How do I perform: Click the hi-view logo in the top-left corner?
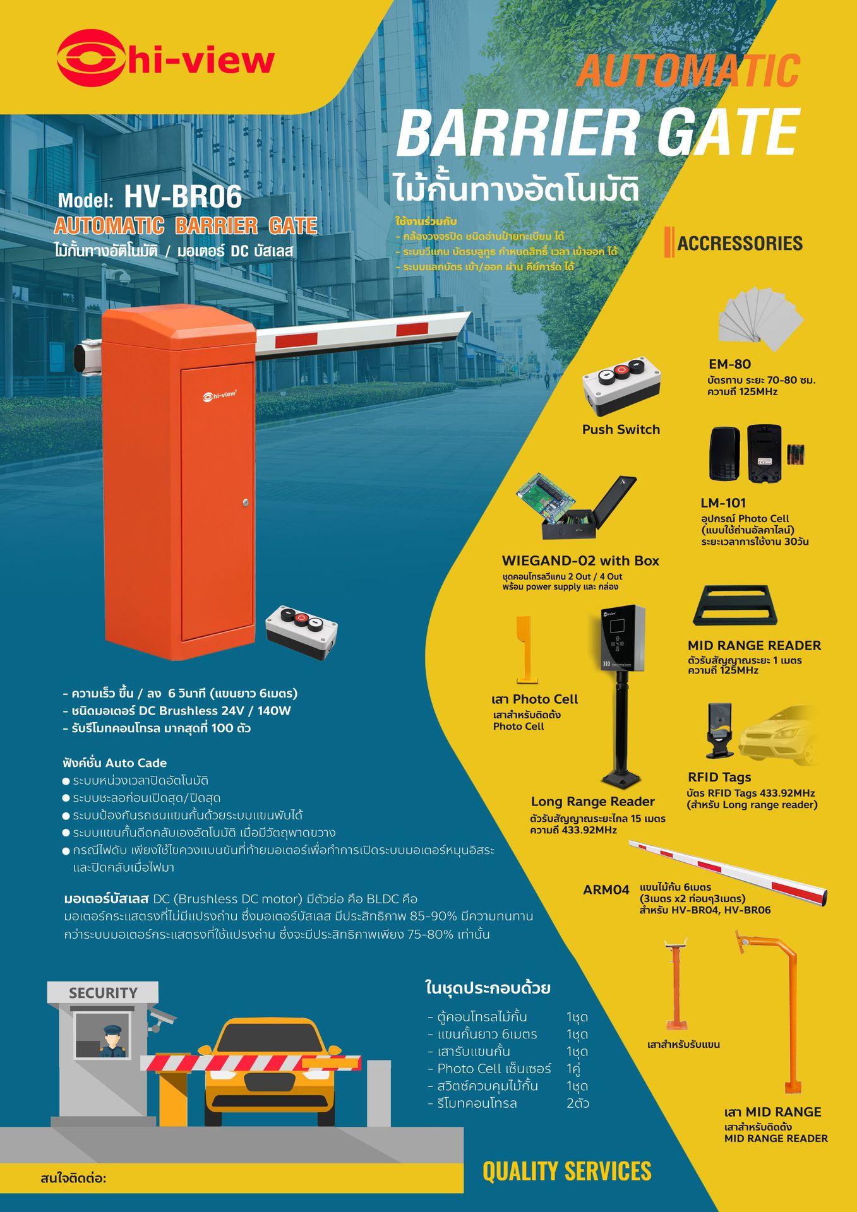pyautogui.click(x=165, y=61)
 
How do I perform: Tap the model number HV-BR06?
pyautogui.click(x=183, y=197)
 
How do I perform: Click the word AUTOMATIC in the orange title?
pyautogui.click(x=688, y=71)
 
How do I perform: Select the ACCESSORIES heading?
pyautogui.click(x=740, y=243)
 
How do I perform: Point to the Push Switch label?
pyautogui.click(x=621, y=430)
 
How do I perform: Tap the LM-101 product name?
pyautogui.click(x=723, y=503)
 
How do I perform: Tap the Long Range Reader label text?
pyautogui.click(x=592, y=802)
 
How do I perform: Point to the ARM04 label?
pyautogui.click(x=606, y=889)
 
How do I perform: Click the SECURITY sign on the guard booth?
pyautogui.click(x=103, y=993)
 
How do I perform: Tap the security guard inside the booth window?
pyautogui.click(x=112, y=1038)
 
